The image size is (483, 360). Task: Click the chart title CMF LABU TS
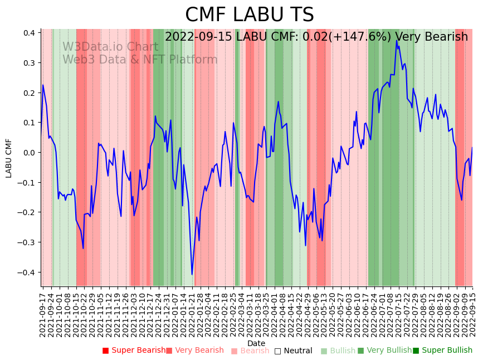pyautogui.click(x=249, y=15)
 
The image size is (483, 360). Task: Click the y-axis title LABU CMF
pyautogui.click(x=9, y=158)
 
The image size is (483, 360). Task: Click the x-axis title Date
pyautogui.click(x=256, y=343)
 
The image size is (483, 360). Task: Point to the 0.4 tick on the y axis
pyautogui.click(x=30, y=33)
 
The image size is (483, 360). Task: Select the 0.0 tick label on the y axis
pyautogui.click(x=30, y=153)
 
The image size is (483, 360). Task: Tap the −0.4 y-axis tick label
pyautogui.click(x=27, y=273)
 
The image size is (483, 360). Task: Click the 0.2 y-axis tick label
pyautogui.click(x=30, y=93)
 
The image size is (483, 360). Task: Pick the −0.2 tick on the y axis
pyautogui.click(x=27, y=212)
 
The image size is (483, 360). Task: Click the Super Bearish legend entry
pyautogui.click(x=134, y=351)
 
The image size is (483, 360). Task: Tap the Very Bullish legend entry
pyautogui.click(x=384, y=351)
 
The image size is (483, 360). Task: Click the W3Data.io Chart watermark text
pyautogui.click(x=110, y=47)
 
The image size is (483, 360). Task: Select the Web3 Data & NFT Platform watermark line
pyautogui.click(x=140, y=60)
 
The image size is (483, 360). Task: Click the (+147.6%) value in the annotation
pyautogui.click(x=357, y=37)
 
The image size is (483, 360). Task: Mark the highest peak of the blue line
pyautogui.click(x=397, y=41)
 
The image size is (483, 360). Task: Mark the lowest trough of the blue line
pyautogui.click(x=192, y=274)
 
